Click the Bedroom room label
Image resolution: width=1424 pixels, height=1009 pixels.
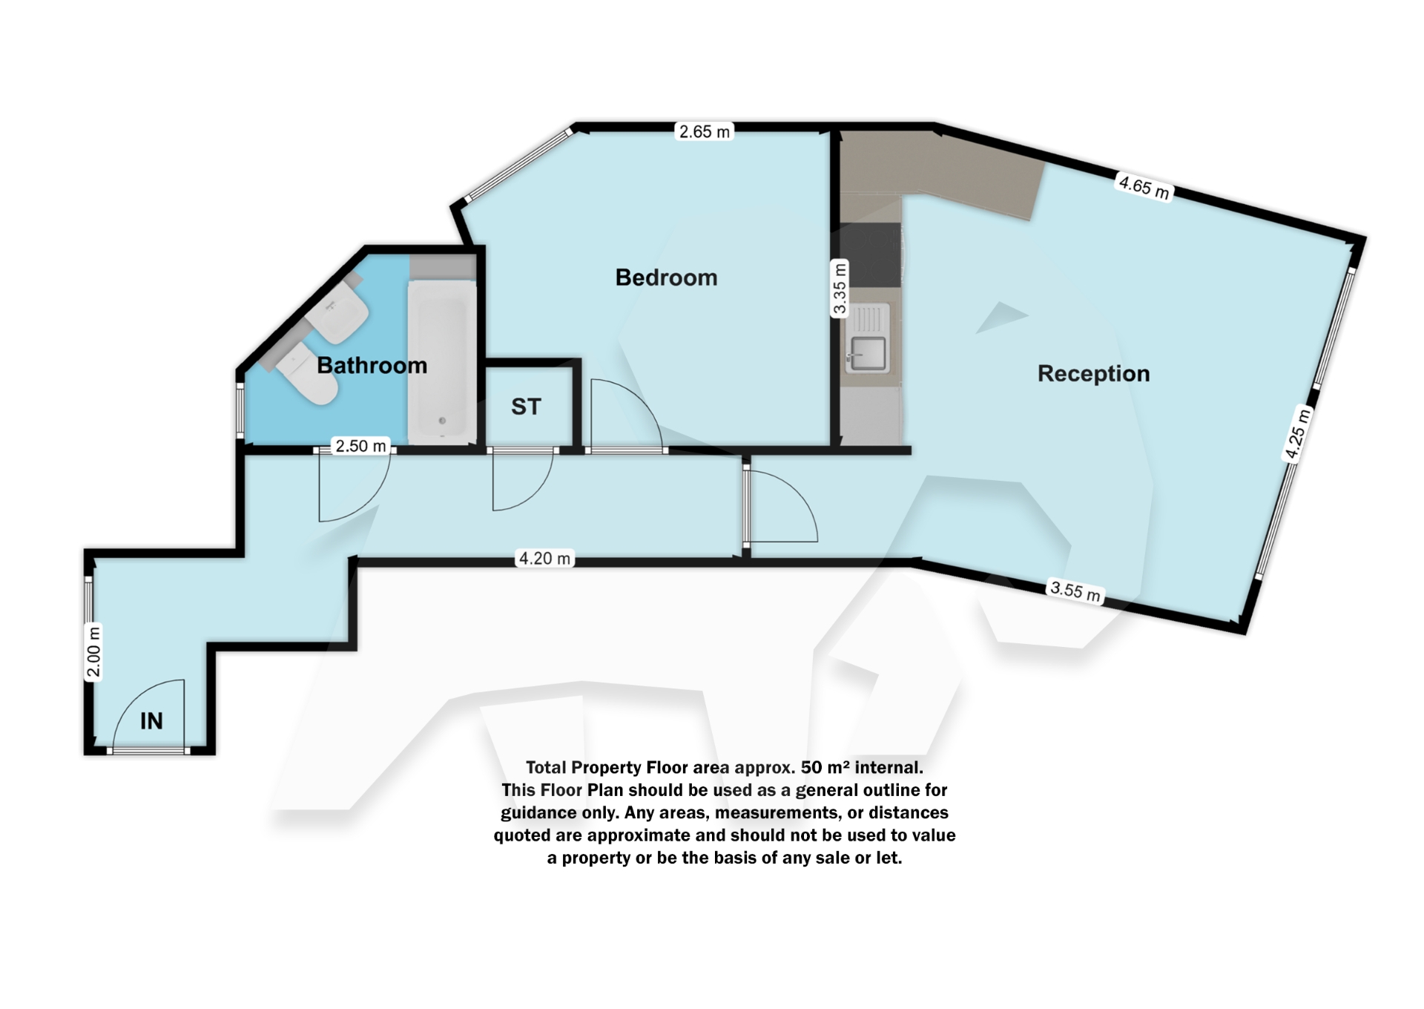coord(666,277)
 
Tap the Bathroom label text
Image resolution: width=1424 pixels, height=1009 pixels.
coord(372,365)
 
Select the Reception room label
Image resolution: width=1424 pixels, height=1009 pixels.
coord(1093,373)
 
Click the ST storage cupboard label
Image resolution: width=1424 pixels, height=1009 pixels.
coord(526,407)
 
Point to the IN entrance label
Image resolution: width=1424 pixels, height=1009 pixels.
coord(151,720)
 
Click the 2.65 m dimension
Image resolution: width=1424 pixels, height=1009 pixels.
coord(705,132)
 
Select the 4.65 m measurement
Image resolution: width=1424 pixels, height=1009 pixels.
coord(1144,187)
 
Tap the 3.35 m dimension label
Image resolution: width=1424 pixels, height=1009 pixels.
coord(839,289)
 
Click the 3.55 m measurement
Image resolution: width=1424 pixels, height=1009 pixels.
coord(1075,592)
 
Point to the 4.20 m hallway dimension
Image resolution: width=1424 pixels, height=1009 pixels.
coord(545,559)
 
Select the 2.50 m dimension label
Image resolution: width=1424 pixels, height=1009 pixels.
coord(360,446)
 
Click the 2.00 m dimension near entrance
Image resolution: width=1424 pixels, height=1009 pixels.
coord(93,653)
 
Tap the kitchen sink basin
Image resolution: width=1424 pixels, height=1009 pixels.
coord(868,353)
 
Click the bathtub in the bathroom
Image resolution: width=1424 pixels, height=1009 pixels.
coord(442,362)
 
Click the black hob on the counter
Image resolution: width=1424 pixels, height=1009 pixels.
coord(872,254)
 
